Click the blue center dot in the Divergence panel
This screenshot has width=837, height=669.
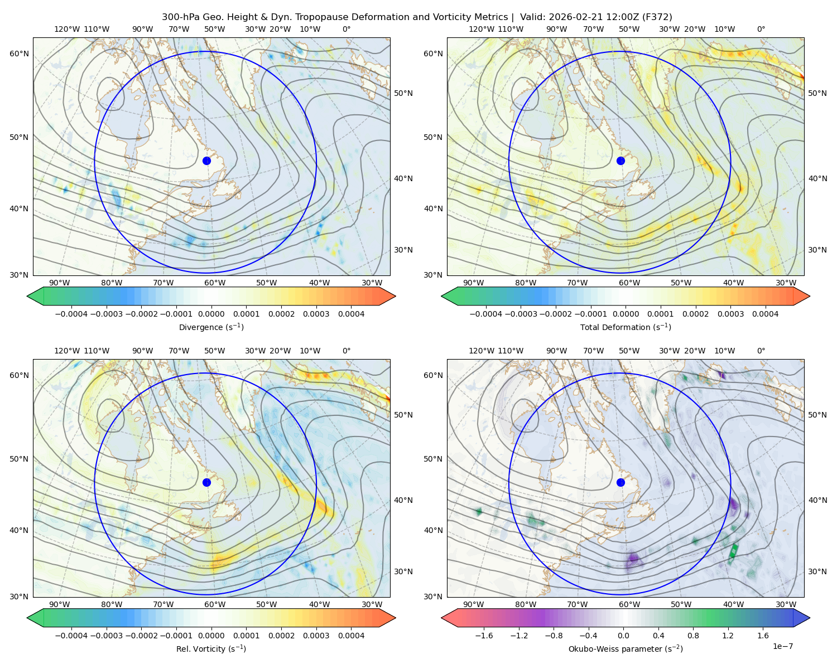206,161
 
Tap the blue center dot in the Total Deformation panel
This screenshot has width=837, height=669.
620,161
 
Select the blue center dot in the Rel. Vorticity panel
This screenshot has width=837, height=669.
206,482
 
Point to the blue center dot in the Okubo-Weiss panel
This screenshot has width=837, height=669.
620,482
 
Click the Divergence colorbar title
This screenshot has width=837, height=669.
211,327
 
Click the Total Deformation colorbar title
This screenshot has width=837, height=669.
626,327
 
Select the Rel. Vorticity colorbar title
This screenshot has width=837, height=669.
211,648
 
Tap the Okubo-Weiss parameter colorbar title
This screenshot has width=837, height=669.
626,648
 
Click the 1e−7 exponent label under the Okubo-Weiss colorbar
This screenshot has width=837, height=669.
782,646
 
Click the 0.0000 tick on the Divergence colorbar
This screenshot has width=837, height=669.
211,314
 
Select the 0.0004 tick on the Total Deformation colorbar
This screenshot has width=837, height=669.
765,314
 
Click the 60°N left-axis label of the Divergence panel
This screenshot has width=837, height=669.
19,54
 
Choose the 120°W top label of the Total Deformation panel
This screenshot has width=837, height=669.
481,29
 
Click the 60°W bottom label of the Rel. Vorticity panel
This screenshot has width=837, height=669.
215,604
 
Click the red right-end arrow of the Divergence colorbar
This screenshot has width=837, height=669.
387,296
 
